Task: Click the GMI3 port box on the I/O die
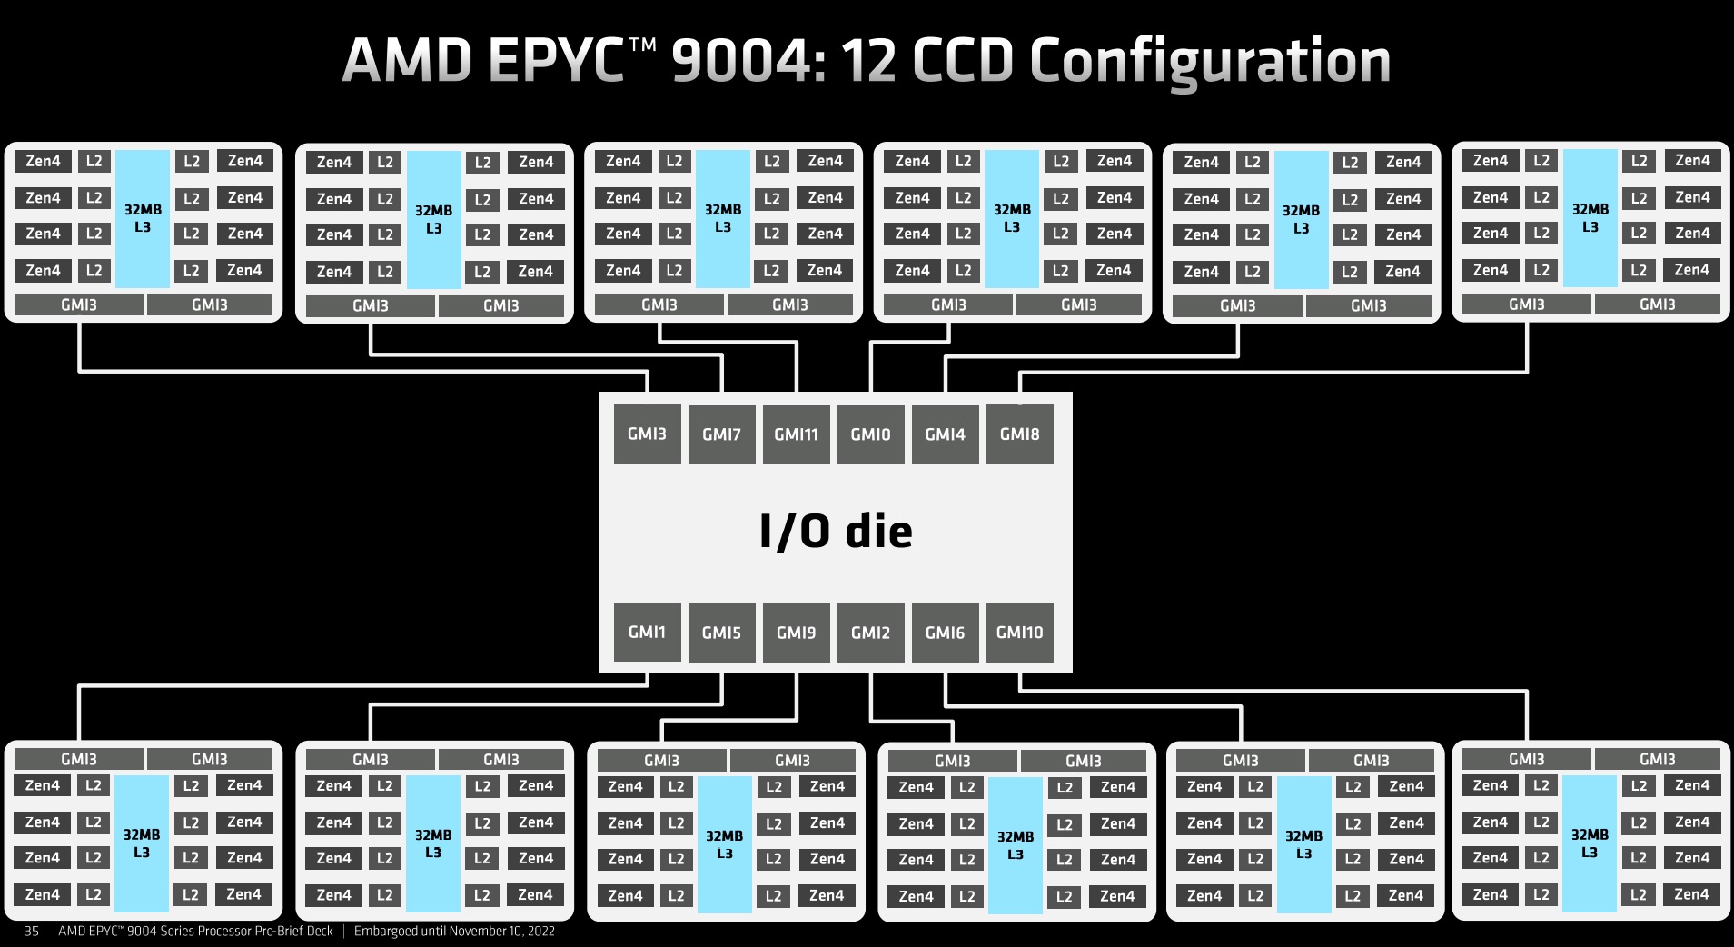point(647,434)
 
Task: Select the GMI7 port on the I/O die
point(721,434)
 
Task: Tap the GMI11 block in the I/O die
point(796,434)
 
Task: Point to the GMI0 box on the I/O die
point(870,434)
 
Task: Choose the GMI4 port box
point(945,434)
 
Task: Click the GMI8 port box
point(1019,434)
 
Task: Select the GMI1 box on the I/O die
point(647,632)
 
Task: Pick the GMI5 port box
point(721,633)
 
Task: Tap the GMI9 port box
point(796,633)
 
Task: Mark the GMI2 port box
point(870,633)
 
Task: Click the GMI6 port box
point(945,633)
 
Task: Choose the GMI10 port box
point(1019,632)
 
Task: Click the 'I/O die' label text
point(836,531)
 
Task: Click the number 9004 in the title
point(748,62)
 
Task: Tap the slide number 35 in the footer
point(32,931)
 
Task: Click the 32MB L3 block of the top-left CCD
point(143,218)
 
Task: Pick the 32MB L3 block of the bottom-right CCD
point(1590,842)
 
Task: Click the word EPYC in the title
point(555,62)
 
